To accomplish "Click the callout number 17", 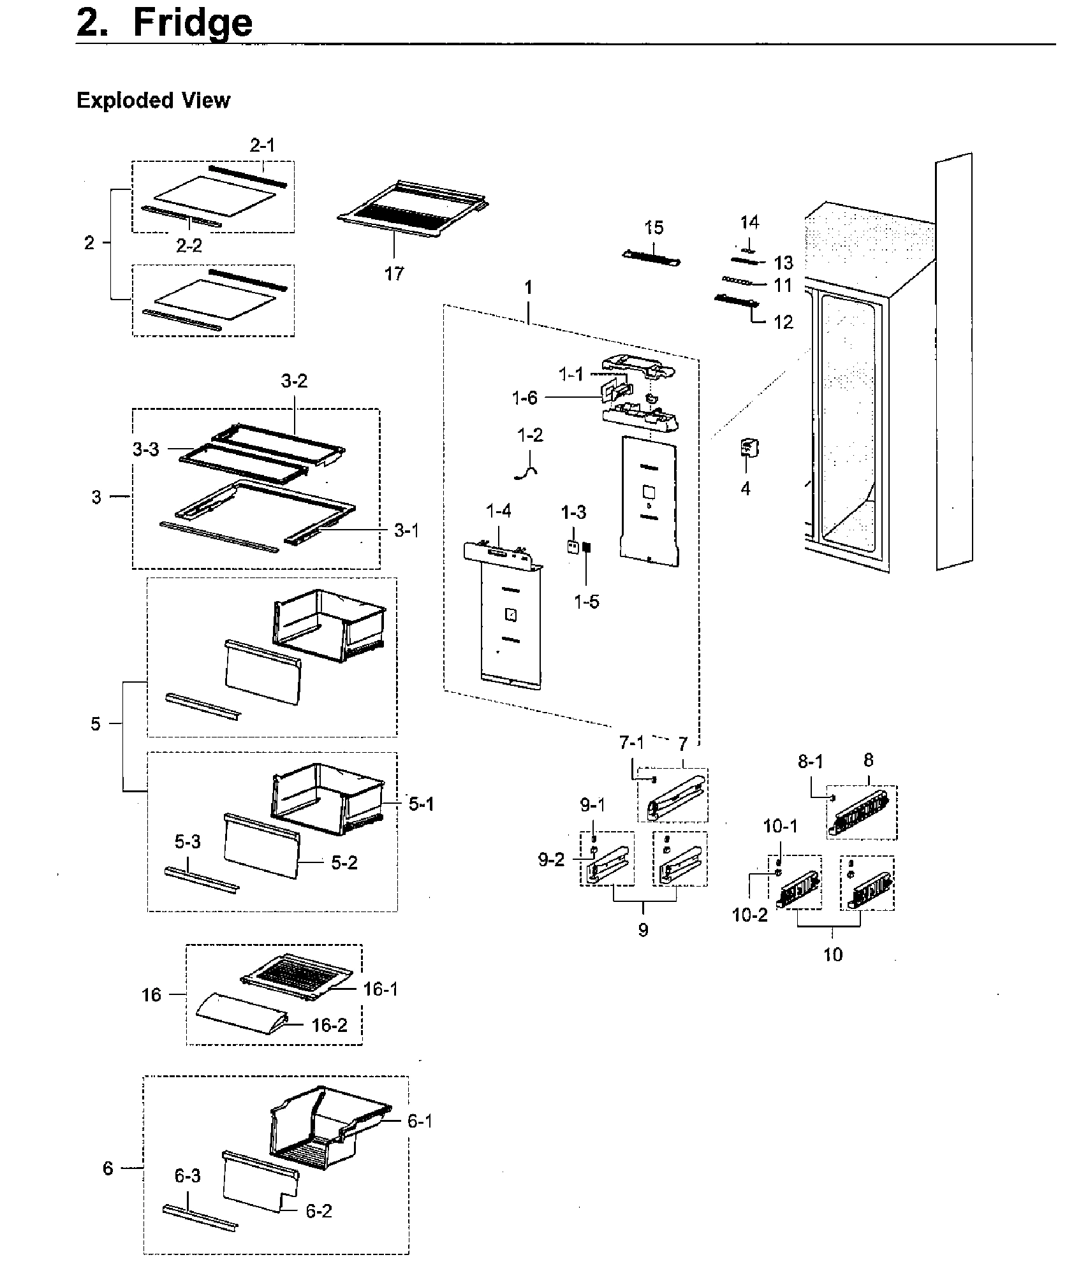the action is point(394,273).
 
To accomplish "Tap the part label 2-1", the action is point(262,145).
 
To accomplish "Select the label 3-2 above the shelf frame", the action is point(294,381).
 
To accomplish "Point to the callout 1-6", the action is point(524,398).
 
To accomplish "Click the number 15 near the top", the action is point(654,228).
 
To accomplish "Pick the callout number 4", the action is point(746,489).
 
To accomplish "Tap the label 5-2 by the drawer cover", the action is point(344,862).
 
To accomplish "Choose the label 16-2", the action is point(330,1025).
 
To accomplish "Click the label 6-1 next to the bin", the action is point(420,1121).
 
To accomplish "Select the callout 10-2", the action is point(750,915).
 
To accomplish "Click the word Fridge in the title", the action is point(193,23).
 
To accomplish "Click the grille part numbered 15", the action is point(651,257).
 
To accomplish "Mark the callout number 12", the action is point(783,322).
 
